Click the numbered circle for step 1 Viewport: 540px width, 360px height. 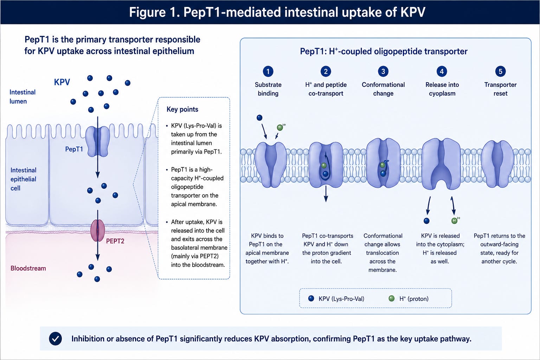click(x=268, y=71)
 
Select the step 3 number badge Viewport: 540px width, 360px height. click(x=383, y=71)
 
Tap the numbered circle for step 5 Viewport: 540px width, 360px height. click(x=501, y=71)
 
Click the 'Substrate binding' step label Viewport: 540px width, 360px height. click(x=268, y=89)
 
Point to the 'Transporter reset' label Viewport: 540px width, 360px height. click(x=501, y=89)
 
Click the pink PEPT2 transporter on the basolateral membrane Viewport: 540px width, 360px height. click(x=98, y=230)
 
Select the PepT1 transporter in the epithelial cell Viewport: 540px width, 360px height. click(x=98, y=142)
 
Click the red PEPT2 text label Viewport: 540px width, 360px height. click(x=115, y=241)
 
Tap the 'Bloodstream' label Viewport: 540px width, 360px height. click(x=28, y=268)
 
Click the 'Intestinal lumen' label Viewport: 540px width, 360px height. click(x=22, y=97)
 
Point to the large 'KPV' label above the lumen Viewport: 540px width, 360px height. click(x=62, y=82)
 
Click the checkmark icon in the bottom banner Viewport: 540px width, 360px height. click(x=56, y=339)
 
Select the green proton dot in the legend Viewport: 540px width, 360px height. click(x=392, y=298)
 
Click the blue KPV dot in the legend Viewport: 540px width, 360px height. click(x=311, y=298)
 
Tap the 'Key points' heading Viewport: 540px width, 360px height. click(x=182, y=109)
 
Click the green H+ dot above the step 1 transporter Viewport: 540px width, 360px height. click(x=280, y=128)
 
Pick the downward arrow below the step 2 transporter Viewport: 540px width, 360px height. click(x=326, y=194)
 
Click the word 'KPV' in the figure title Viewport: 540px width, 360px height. click(x=413, y=12)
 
